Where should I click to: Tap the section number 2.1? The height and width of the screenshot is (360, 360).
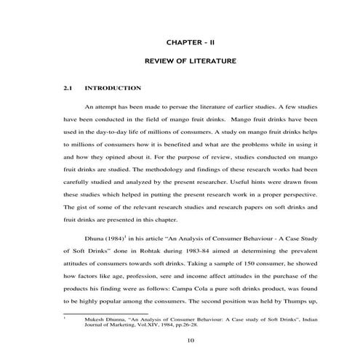(69, 89)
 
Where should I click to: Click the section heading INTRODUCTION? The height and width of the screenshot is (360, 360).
(113, 89)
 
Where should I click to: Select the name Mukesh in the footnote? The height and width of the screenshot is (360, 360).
(97, 319)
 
